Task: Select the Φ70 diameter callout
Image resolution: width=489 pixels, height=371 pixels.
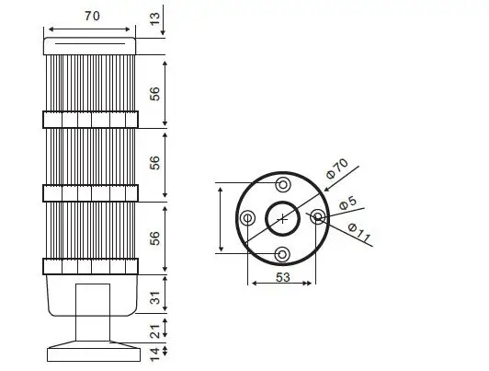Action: pos(337,168)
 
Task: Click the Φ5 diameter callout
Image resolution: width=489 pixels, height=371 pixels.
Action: pos(347,203)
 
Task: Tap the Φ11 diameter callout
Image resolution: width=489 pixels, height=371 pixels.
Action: pos(360,236)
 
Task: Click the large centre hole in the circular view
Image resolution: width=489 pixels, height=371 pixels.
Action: pos(282,218)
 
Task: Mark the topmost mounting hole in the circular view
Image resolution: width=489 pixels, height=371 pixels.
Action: pos(282,183)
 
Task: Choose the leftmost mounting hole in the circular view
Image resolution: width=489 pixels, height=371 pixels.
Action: pos(247,218)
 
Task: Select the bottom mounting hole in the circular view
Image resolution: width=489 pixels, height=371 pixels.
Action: pos(282,253)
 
